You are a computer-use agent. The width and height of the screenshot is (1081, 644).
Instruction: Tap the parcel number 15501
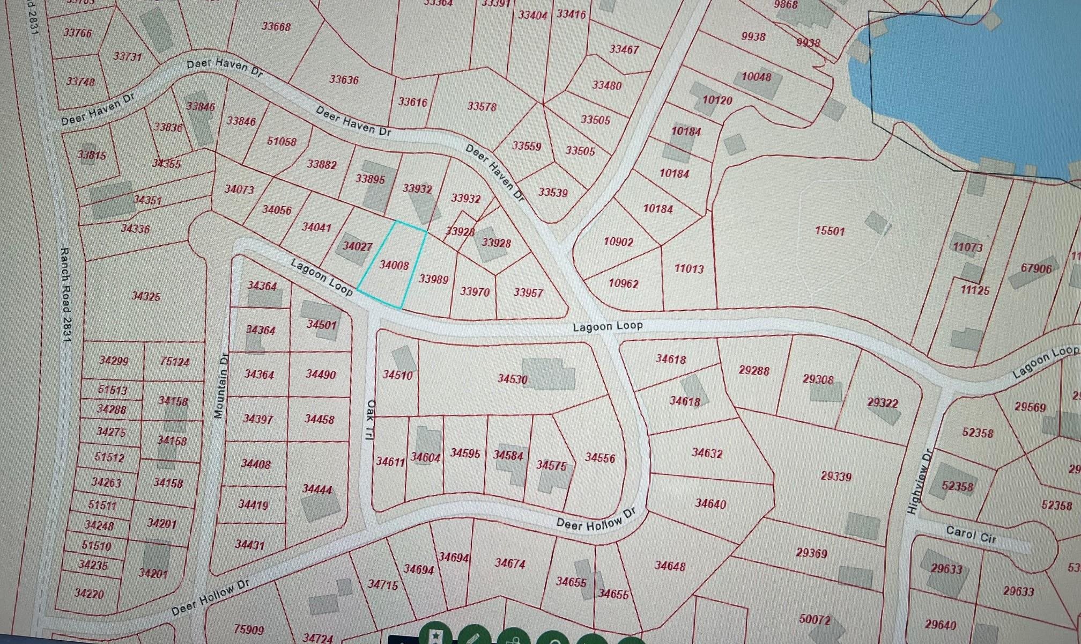point(830,231)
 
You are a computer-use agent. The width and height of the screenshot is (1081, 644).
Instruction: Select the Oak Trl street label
point(369,420)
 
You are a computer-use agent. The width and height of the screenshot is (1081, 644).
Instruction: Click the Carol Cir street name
point(971,535)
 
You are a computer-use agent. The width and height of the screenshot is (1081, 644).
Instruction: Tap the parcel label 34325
point(146,296)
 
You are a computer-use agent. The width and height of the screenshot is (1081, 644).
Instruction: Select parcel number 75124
point(175,362)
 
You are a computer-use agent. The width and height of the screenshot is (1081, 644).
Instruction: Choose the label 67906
point(1036,268)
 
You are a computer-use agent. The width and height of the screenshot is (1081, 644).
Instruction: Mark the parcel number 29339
point(836,476)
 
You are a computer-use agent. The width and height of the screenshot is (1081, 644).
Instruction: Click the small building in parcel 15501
point(878,222)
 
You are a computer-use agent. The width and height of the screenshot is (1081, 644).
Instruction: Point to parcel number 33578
point(482,106)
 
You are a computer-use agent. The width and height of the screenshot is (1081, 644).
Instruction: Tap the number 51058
point(282,142)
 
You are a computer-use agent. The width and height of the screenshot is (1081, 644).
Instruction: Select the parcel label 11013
point(688,268)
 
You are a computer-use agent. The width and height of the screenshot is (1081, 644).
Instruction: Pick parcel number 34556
point(600,458)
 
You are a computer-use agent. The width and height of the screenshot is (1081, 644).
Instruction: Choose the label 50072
point(815,619)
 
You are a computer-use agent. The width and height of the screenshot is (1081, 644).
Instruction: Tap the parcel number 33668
point(276,26)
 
